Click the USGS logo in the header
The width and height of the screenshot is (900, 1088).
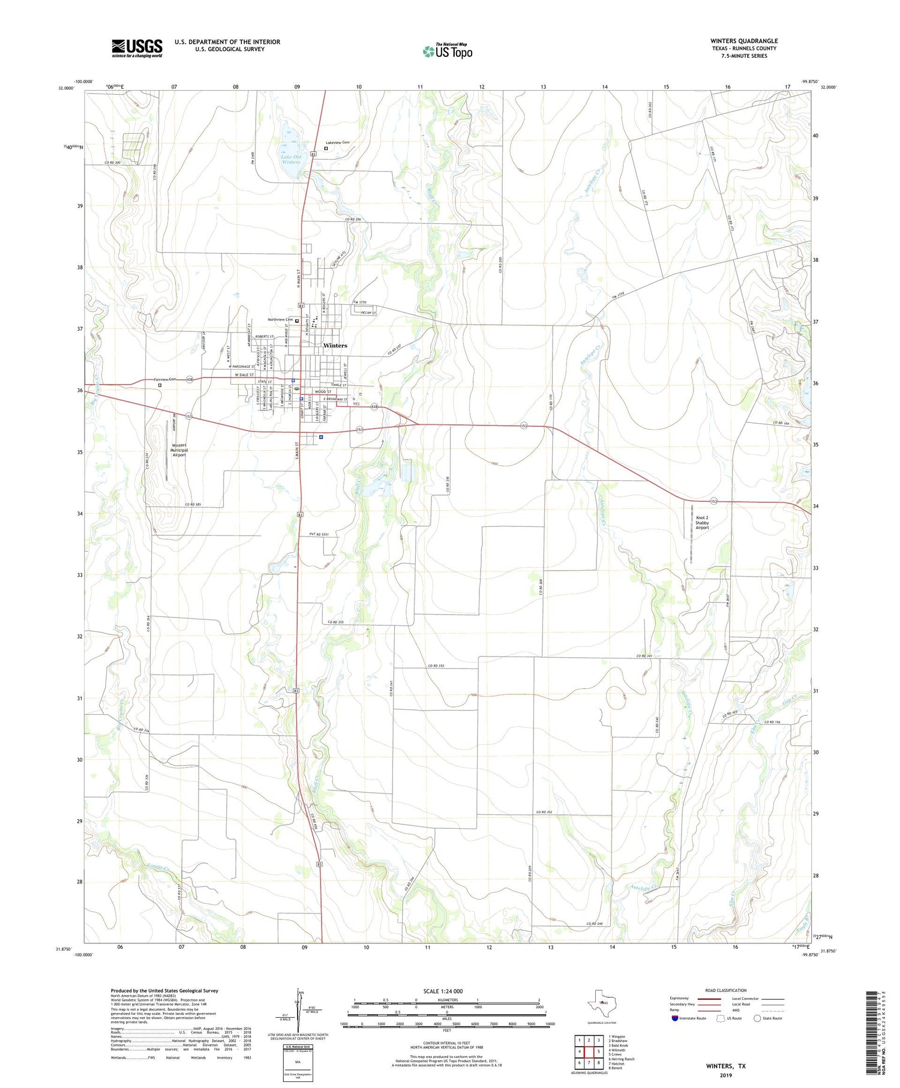pos(137,48)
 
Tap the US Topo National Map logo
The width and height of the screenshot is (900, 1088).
pos(447,51)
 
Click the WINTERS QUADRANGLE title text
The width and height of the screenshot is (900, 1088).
pos(744,41)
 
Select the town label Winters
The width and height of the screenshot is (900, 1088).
pos(335,346)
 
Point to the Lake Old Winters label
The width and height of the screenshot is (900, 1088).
pos(291,159)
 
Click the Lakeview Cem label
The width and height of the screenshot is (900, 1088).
pos(338,142)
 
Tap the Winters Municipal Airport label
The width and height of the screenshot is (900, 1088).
pos(179,450)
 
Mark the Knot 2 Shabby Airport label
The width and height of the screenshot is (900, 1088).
pos(702,522)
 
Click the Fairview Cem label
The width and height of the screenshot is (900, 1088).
pos(165,379)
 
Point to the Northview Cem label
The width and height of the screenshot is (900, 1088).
pos(280,319)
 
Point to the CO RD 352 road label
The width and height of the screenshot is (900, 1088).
pos(544,813)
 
